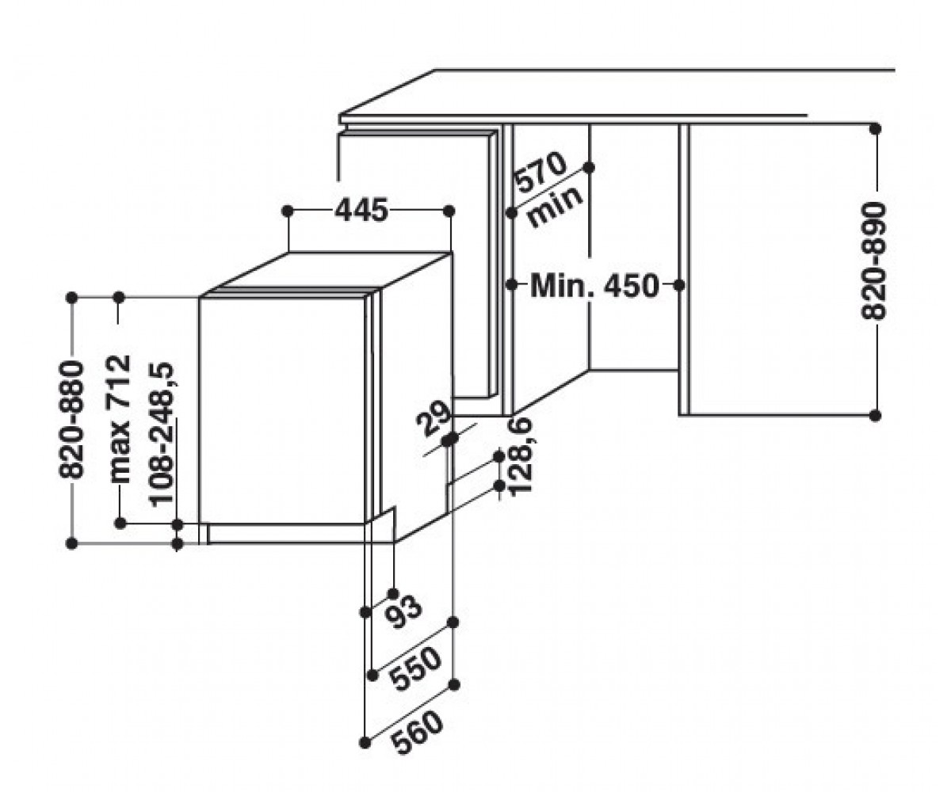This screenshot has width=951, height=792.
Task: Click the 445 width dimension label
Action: (x=361, y=211)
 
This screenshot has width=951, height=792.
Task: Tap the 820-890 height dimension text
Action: (x=874, y=261)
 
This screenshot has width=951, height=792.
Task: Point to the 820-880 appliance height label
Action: (x=71, y=420)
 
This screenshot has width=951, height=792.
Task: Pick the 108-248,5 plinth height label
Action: (x=162, y=434)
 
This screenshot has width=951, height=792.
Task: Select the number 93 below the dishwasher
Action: (x=403, y=612)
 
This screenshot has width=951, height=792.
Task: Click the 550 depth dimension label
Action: (x=416, y=668)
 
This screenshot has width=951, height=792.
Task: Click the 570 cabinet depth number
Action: (x=540, y=173)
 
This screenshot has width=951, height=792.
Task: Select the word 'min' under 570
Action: (x=555, y=206)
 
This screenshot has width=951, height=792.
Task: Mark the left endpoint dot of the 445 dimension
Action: (x=288, y=211)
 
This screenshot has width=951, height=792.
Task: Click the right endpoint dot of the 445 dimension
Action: (x=449, y=211)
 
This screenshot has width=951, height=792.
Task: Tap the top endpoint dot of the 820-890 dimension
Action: (x=875, y=129)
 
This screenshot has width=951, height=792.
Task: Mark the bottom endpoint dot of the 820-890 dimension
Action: (x=875, y=415)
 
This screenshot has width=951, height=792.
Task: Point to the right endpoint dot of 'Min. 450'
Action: (x=678, y=285)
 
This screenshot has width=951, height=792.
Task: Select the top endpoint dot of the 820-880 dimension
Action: (x=71, y=298)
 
